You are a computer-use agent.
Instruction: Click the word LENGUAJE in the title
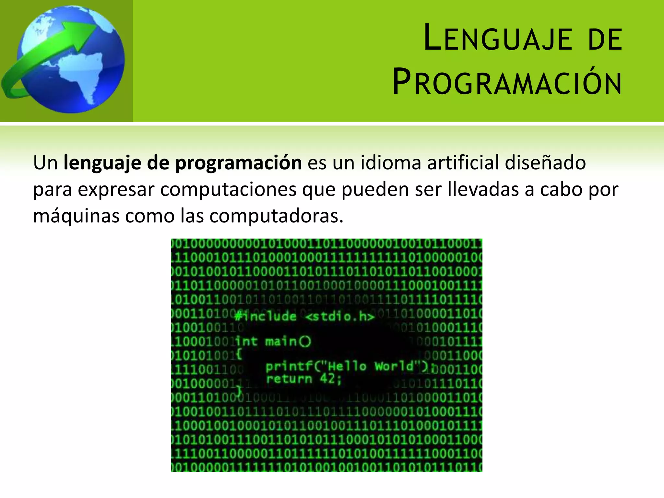[x=498, y=39]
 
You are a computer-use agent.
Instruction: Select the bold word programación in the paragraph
[x=238, y=163]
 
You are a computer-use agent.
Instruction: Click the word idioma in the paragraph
[x=391, y=162]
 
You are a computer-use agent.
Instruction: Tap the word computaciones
[x=228, y=190]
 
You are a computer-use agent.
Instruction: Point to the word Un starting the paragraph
[x=45, y=163]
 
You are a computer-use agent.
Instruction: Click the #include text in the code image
[x=266, y=316]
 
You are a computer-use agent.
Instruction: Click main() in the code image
[x=288, y=341]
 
